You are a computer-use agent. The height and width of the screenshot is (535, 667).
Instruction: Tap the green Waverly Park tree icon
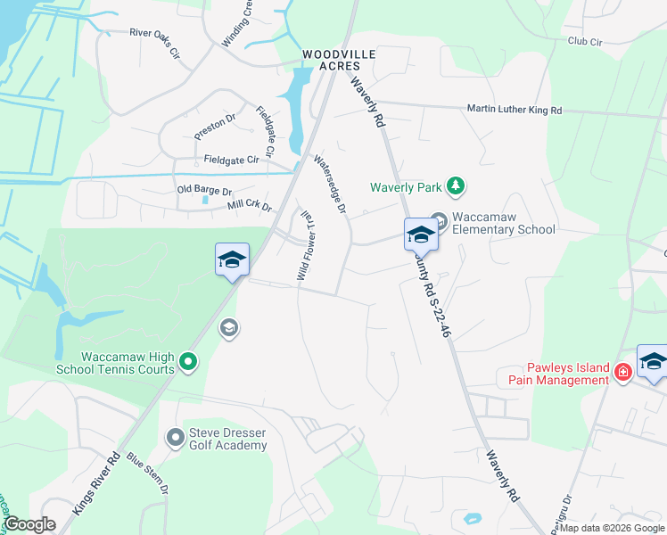tap(456, 185)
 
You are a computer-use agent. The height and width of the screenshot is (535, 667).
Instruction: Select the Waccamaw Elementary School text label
tap(503, 223)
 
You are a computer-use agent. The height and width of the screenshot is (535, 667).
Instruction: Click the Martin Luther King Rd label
tap(515, 110)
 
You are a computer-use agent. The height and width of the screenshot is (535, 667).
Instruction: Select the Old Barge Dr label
tap(204, 191)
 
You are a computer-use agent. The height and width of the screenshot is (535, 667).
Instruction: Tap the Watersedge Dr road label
tap(329, 185)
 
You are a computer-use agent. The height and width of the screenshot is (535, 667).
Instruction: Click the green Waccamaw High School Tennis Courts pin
tap(187, 361)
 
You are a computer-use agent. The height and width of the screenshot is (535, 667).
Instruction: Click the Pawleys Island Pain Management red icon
tap(622, 373)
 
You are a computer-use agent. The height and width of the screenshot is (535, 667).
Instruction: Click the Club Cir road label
tap(585, 41)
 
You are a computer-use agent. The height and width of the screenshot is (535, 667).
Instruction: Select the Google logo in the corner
tap(29, 524)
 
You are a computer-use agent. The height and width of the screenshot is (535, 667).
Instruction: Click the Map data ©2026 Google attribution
tap(612, 528)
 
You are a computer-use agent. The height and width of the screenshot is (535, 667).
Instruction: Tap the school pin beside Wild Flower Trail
tap(232, 260)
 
